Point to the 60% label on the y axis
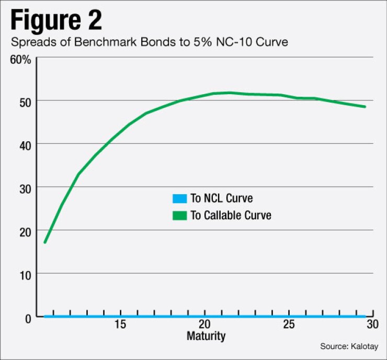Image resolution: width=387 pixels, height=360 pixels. (x=21, y=59)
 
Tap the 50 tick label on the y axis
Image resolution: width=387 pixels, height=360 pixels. (x=24, y=100)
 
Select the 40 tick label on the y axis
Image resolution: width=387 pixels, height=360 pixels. (x=24, y=144)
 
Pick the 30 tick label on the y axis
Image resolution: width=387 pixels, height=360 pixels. (x=24, y=187)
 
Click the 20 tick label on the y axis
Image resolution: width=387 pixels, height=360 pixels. (x=24, y=231)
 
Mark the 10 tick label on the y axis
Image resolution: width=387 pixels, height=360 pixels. (x=24, y=274)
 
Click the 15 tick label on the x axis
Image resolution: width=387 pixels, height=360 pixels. (x=120, y=324)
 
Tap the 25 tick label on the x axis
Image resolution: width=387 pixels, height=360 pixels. (x=288, y=324)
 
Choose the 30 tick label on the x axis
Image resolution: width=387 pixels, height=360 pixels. (x=372, y=324)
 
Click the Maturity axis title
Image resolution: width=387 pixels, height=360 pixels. (x=206, y=335)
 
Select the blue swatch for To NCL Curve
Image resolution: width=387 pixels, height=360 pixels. (x=179, y=198)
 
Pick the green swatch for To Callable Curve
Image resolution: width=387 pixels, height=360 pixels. (x=179, y=215)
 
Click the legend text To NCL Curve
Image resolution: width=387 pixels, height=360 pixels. (x=222, y=198)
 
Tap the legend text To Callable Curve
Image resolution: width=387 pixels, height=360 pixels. (x=231, y=215)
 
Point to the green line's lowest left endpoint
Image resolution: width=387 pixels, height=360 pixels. (x=45, y=242)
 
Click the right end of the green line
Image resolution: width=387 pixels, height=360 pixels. (x=365, y=107)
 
